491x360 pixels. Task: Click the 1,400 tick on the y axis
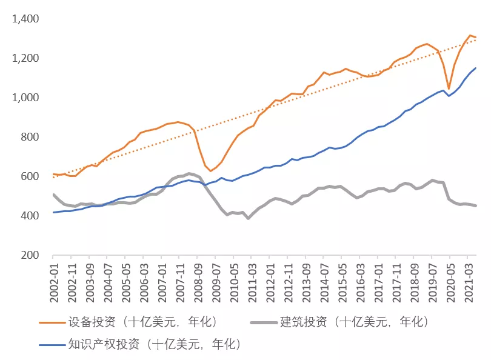click(x=25, y=19)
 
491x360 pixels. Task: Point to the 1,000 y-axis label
click(x=25, y=98)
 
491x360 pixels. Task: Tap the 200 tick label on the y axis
click(x=30, y=255)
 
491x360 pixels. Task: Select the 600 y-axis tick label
click(x=30, y=176)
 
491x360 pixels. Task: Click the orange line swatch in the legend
click(x=51, y=322)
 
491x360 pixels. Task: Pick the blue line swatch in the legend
click(x=51, y=345)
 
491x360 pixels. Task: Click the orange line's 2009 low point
click(x=210, y=171)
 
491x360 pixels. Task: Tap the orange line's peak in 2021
click(x=470, y=35)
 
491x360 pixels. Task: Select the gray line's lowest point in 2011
click(x=248, y=218)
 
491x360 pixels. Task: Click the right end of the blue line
click(x=476, y=68)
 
